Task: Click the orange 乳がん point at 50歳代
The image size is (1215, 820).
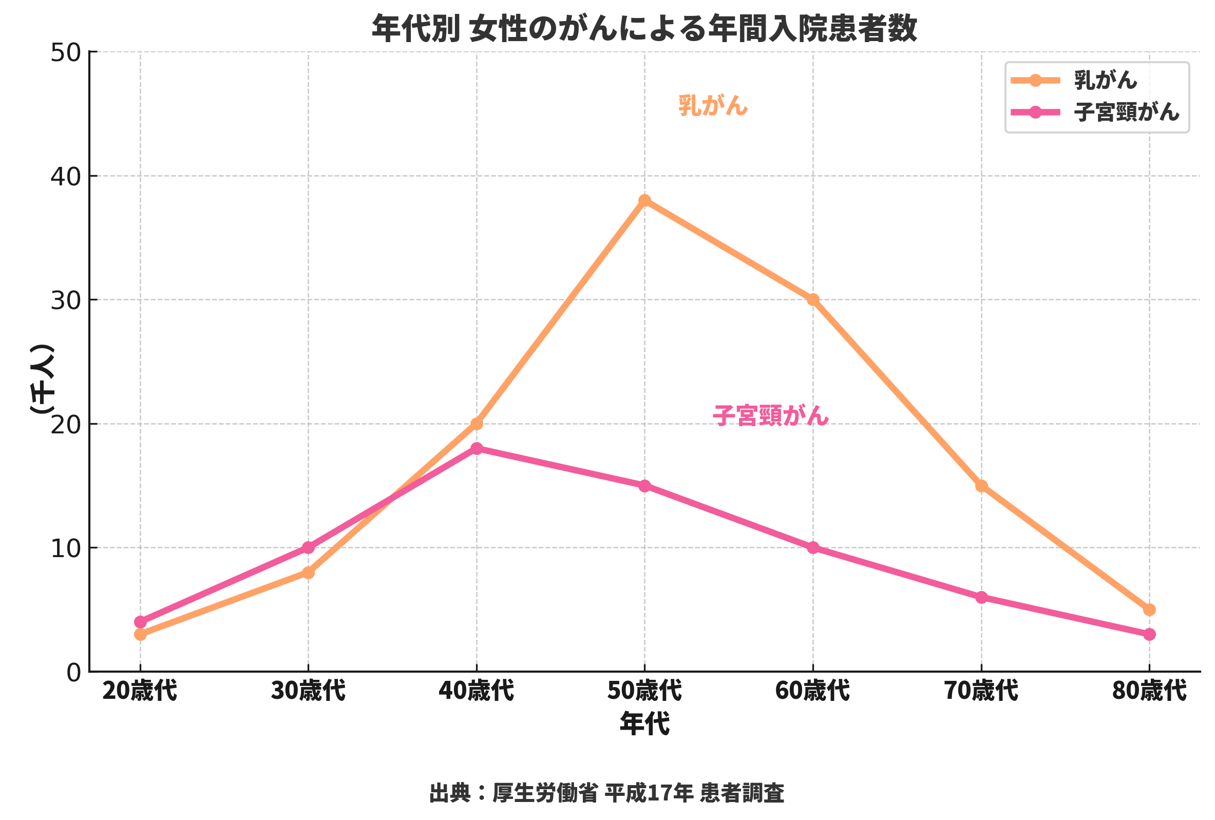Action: pyautogui.click(x=644, y=201)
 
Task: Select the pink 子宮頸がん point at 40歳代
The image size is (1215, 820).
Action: pyautogui.click(x=476, y=448)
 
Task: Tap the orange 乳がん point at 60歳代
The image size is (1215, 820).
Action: pyautogui.click(x=813, y=299)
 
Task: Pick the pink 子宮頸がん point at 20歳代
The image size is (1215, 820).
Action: pyautogui.click(x=140, y=622)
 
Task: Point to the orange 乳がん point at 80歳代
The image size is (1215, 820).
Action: pyautogui.click(x=1149, y=609)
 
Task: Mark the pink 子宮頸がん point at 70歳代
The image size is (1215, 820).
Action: pyautogui.click(x=981, y=597)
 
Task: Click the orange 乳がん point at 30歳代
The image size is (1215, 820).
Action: pyautogui.click(x=309, y=573)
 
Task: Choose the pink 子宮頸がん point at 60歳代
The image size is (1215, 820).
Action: pyautogui.click(x=813, y=548)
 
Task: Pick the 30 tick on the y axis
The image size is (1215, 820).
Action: pyautogui.click(x=66, y=300)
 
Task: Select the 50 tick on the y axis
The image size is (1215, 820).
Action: pyautogui.click(x=66, y=53)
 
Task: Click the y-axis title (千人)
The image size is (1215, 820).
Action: pyautogui.click(x=42, y=379)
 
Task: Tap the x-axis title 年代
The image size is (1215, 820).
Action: pyautogui.click(x=644, y=724)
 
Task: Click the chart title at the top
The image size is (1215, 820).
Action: pyautogui.click(x=644, y=28)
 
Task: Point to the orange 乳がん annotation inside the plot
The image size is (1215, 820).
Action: pyautogui.click(x=713, y=106)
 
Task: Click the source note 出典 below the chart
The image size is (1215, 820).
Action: pyautogui.click(x=606, y=793)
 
